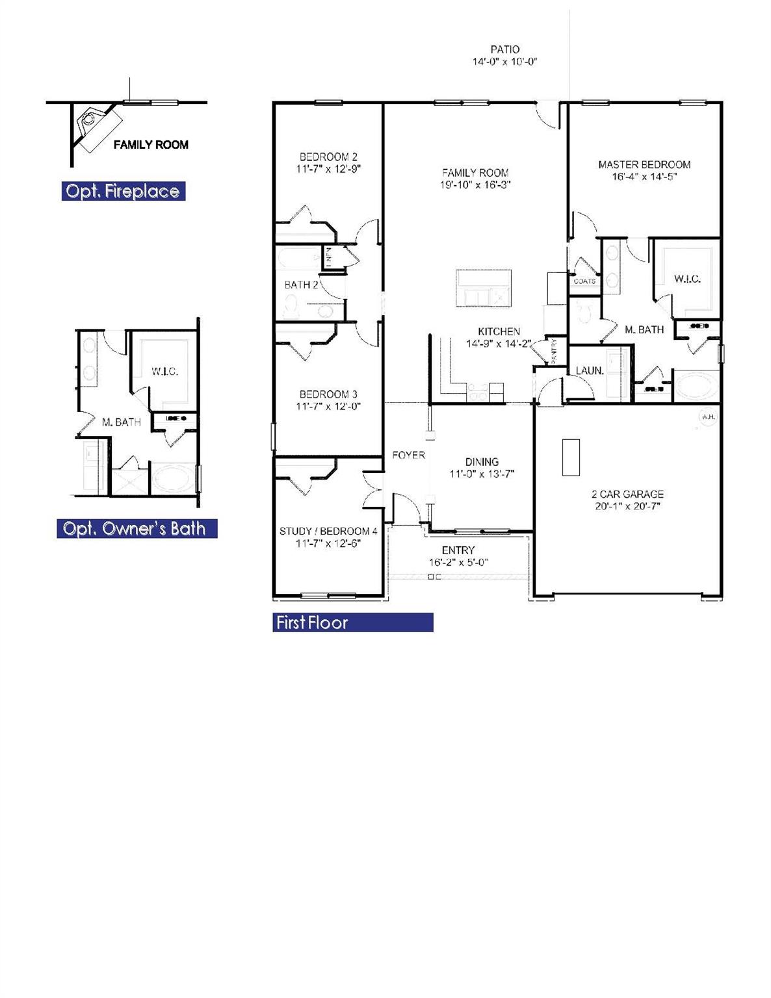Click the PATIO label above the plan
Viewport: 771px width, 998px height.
click(x=504, y=49)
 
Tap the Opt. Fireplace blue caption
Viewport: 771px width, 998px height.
click(x=123, y=191)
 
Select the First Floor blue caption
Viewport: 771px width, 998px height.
click(x=312, y=622)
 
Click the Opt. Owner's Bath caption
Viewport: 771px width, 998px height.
click(x=135, y=529)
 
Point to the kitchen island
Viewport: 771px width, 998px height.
click(x=484, y=288)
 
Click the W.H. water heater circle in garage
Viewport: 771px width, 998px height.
click(x=707, y=416)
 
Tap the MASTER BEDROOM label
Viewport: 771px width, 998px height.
click(x=644, y=165)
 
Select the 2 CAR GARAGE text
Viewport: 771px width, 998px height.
click(x=627, y=494)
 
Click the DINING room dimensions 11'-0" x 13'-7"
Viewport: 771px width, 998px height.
click(x=482, y=474)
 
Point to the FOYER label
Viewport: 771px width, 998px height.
click(x=408, y=455)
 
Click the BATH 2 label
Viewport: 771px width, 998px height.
click(x=301, y=285)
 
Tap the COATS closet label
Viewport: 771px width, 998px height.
click(x=584, y=281)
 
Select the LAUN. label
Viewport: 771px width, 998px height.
click(x=590, y=371)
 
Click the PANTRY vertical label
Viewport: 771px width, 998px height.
click(x=554, y=352)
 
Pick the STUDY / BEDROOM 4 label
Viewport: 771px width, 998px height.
click(x=328, y=531)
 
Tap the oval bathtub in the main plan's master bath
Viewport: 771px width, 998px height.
click(x=697, y=387)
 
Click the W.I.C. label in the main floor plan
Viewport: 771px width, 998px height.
click(x=687, y=279)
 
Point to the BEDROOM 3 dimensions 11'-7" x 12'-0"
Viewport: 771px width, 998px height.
click(x=328, y=407)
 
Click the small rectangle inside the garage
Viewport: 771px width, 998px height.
click(x=571, y=457)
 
